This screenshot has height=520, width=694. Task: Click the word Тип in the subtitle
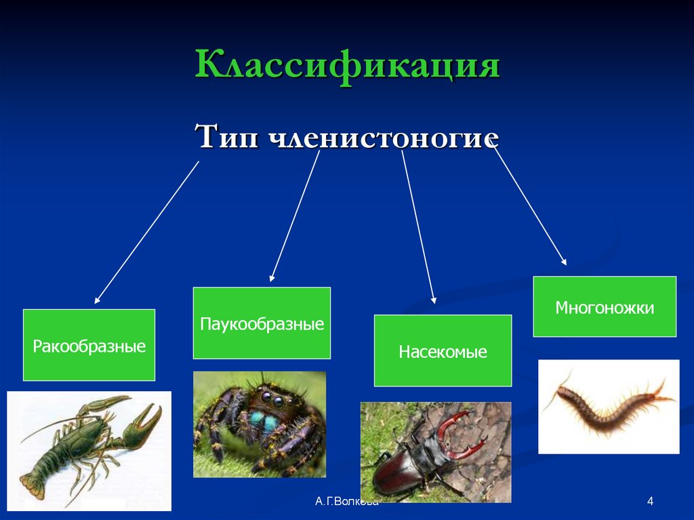click(x=226, y=138)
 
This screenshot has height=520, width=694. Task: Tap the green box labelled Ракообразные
click(x=89, y=345)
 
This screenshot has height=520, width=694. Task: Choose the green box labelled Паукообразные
click(x=262, y=323)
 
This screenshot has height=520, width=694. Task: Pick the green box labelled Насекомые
click(x=443, y=351)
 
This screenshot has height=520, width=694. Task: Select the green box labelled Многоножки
click(x=605, y=306)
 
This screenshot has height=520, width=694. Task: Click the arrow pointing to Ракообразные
click(x=147, y=232)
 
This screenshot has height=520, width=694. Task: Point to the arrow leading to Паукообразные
click(x=295, y=216)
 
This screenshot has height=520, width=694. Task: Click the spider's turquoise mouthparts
click(x=262, y=422)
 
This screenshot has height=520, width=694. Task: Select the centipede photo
click(x=608, y=406)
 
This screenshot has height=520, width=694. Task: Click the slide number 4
click(x=650, y=502)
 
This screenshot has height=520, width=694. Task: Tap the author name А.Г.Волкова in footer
click(x=346, y=502)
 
